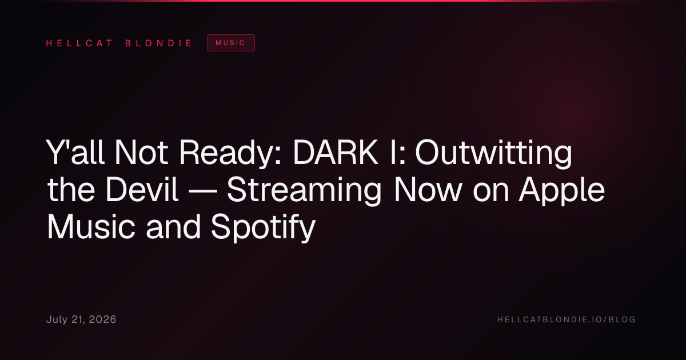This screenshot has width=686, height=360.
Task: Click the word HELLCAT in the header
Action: [x=79, y=43]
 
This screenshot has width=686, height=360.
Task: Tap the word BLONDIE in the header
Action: [x=158, y=43]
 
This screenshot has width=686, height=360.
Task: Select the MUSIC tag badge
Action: [x=231, y=43]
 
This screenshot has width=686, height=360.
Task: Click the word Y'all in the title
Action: [x=75, y=152]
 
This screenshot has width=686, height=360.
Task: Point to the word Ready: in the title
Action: [x=230, y=154]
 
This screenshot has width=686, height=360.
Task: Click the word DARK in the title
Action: [x=336, y=152]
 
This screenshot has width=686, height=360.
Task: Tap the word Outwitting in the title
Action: [x=493, y=154]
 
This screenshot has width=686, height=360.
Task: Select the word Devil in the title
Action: [x=142, y=190]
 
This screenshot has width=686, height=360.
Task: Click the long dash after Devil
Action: [x=202, y=192]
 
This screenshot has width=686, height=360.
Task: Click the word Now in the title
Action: [x=428, y=190]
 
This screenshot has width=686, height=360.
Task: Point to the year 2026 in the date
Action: [x=102, y=319]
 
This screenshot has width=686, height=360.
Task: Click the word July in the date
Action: [x=57, y=319]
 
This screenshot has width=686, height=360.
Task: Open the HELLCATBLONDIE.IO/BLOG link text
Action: [x=567, y=319]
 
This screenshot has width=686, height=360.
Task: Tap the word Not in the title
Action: [x=141, y=152]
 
